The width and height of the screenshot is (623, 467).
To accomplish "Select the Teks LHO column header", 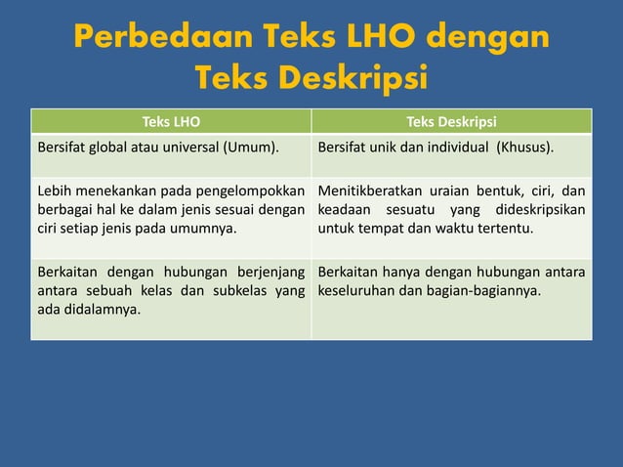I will pos(171,122).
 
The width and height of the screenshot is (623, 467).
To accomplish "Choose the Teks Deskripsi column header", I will pos(451,122).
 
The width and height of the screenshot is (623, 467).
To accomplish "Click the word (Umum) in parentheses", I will pos(249,148).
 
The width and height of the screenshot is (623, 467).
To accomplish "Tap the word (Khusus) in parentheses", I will pos(524,148).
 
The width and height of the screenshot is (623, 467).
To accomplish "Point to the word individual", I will pos(456,148).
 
